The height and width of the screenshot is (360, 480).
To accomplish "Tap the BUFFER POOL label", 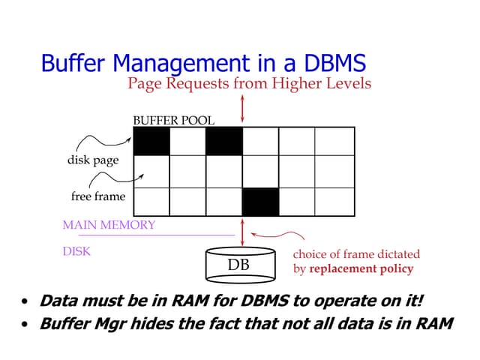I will [x=173, y=120].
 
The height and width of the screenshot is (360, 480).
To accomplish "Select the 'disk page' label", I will [x=93, y=160].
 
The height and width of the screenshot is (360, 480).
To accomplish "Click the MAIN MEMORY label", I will [x=109, y=224].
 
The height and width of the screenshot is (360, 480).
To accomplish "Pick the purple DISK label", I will [x=76, y=252].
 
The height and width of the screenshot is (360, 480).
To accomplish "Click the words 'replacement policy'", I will [x=361, y=268].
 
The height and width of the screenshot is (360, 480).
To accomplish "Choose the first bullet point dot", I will [x=25, y=304].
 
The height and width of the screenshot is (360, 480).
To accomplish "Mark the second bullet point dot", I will [x=25, y=325].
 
